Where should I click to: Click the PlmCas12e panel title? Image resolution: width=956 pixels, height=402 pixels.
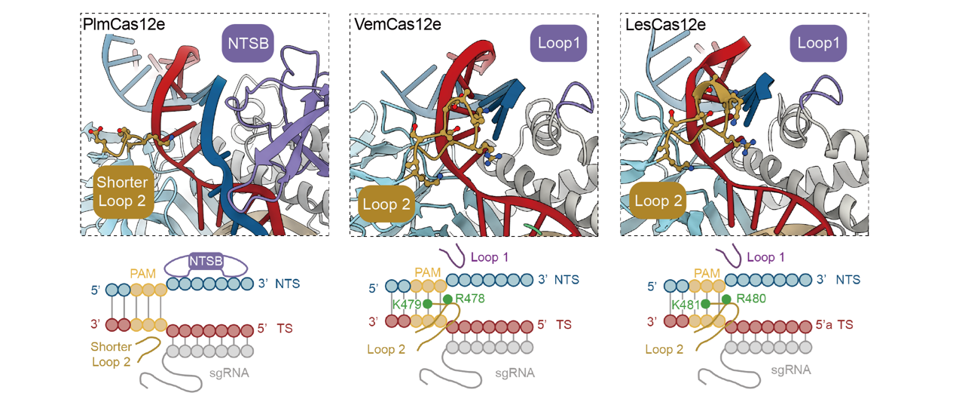click(124, 24)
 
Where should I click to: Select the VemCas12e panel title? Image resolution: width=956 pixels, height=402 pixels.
click(397, 24)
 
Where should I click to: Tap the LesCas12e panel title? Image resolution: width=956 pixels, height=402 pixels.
click(665, 24)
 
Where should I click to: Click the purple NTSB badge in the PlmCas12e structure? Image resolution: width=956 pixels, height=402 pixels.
click(248, 43)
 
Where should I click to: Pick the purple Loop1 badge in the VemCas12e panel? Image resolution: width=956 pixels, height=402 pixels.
click(559, 43)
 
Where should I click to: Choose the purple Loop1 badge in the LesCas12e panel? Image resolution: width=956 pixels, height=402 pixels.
click(818, 43)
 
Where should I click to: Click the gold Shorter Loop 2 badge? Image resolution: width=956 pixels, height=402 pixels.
click(123, 192)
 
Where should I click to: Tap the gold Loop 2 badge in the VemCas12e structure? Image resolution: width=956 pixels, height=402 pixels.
click(386, 204)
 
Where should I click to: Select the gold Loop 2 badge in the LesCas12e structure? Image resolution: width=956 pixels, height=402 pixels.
click(658, 201)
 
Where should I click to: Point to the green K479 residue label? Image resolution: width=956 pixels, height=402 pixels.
click(407, 305)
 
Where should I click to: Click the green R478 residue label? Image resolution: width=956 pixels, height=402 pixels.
click(470, 298)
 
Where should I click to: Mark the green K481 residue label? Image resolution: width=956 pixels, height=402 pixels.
click(686, 305)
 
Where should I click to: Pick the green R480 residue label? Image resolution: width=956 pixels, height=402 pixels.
click(751, 298)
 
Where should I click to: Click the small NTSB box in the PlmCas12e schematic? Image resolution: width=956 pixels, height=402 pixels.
click(206, 261)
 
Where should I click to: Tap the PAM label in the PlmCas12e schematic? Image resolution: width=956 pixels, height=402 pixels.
click(142, 274)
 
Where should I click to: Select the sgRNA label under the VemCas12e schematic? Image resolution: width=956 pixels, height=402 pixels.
click(515, 373)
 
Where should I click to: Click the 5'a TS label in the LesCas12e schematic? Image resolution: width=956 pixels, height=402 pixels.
click(834, 324)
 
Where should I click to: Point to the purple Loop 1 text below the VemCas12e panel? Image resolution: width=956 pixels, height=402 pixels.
click(490, 257)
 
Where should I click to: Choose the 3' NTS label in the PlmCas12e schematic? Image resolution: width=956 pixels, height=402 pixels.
click(279, 284)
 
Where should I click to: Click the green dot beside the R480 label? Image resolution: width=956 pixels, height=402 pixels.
click(726, 299)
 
